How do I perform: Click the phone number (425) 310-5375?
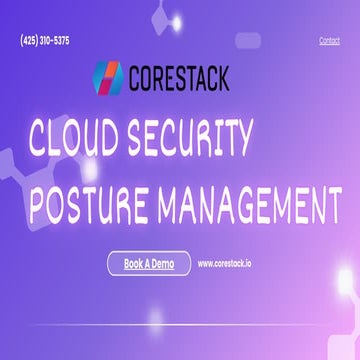coord(45,41)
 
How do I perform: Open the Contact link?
coord(329,41)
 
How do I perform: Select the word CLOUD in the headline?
coord(79,140)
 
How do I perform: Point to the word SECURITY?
coord(200,140)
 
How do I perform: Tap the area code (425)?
coord(29,41)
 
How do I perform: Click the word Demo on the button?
coord(163,264)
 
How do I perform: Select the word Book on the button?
coord(136,264)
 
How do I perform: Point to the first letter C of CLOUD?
coord(42,140)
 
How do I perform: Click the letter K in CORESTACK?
coord(223,77)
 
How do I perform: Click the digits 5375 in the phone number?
coord(60,41)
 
